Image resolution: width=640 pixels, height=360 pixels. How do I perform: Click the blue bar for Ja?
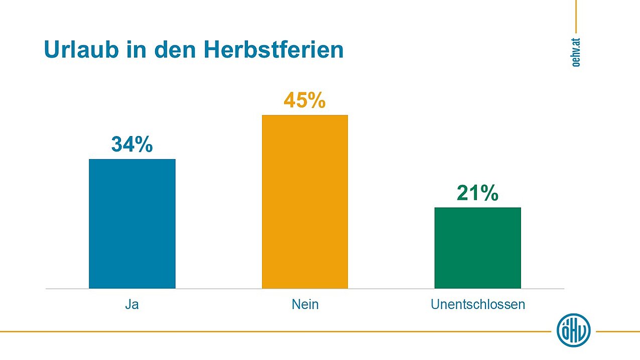(132, 223)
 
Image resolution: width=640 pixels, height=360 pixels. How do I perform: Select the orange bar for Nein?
(305, 201)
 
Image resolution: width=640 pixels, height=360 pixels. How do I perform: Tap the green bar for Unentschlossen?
(477, 248)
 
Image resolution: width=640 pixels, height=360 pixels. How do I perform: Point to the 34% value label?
(132, 145)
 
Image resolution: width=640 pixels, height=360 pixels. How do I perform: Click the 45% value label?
(305, 100)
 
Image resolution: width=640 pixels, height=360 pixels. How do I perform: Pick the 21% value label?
(477, 193)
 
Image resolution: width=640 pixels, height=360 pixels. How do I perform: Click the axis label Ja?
(132, 304)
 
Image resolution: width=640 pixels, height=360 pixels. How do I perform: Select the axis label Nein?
(305, 304)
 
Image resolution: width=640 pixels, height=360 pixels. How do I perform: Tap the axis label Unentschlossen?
(477, 304)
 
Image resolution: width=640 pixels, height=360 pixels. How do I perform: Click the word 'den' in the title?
(176, 50)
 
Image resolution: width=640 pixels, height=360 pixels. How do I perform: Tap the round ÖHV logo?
(573, 330)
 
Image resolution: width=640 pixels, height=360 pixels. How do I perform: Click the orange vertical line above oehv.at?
(576, 15)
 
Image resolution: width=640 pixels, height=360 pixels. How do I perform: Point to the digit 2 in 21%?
(464, 193)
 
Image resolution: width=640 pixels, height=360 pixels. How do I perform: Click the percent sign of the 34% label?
(143, 145)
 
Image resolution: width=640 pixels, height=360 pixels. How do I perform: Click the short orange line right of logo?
(617, 331)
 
